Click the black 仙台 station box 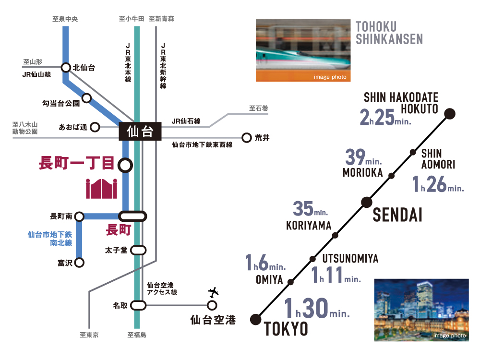140,132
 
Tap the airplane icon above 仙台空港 213,291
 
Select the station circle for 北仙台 66,68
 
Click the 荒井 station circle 247,138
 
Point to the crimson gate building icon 101,188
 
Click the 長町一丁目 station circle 125,166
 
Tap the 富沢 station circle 79,263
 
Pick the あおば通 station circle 95,127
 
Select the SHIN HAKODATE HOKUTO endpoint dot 450,114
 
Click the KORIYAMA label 309,225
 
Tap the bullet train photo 303,50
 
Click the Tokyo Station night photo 421,310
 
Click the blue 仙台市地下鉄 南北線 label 49,239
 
